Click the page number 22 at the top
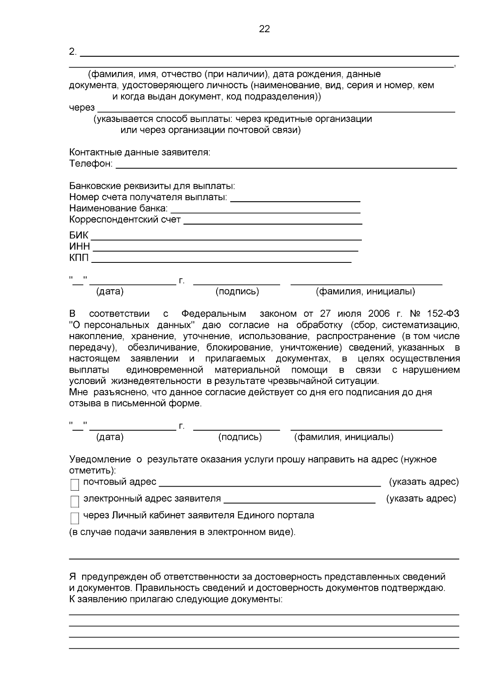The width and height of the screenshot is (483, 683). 264,29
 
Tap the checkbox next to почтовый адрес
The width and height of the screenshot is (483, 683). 75,485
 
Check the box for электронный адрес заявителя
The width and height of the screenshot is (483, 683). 75,501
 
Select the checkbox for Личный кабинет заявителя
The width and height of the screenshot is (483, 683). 75,518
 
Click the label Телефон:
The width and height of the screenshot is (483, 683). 91,164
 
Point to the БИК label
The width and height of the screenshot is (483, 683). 78,235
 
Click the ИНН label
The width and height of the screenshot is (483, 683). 79,246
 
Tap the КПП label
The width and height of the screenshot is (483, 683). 79,258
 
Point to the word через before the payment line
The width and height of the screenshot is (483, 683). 82,107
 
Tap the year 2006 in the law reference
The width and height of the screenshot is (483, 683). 378,314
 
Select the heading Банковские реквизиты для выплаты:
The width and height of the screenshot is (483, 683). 152,186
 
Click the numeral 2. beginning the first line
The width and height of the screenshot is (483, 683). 73,52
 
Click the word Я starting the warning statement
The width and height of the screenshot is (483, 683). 72,577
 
